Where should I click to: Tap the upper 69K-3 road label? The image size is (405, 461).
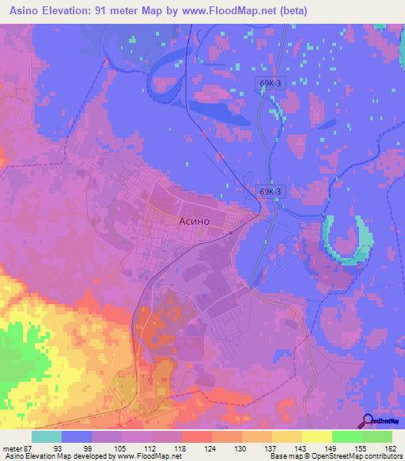pyautogui.click(x=271, y=82)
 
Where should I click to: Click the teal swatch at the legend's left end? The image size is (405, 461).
pyautogui.click(x=46, y=436)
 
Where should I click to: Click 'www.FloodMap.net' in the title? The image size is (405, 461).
pyautogui.click(x=230, y=11)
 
